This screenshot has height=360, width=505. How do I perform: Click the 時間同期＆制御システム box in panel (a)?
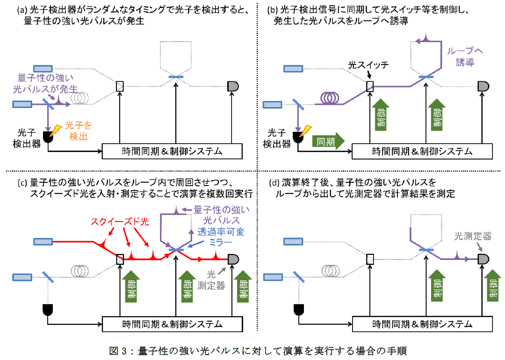[x=172, y=151]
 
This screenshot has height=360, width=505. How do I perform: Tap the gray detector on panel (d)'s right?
[x=483, y=258]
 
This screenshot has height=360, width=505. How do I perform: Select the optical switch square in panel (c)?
[x=120, y=258]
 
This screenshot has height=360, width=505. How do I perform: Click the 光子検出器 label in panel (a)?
[x=23, y=138]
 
